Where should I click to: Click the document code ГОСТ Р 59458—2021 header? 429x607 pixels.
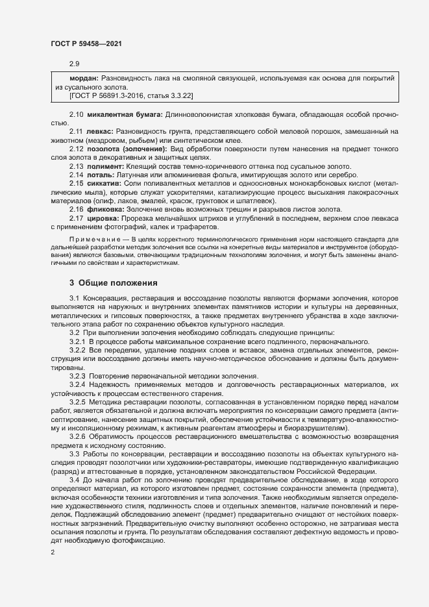[x=86, y=43]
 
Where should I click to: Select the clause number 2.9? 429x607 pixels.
[x=74, y=64]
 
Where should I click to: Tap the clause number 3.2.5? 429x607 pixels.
[x=77, y=419]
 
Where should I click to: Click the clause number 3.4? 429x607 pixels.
[x=74, y=478]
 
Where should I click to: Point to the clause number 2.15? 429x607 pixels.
[x=77, y=184]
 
